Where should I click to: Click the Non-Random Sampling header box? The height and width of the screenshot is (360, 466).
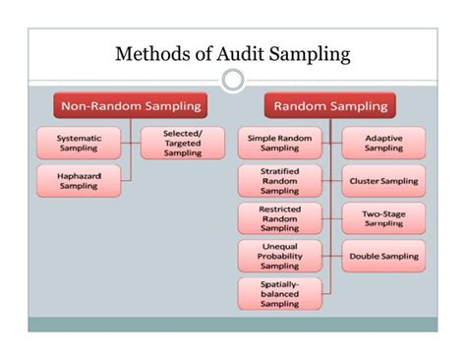[132, 105]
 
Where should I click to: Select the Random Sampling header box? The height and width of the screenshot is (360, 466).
[329, 105]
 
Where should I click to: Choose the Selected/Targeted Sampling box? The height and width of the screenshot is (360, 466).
[182, 143]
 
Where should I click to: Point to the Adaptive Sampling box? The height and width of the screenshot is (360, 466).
[383, 143]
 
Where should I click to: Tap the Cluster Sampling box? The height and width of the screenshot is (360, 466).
[383, 181]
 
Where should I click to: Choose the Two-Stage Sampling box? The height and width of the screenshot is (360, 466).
[383, 218]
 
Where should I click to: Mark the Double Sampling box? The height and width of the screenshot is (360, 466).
[383, 256]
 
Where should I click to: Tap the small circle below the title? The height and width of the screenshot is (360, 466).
[233, 80]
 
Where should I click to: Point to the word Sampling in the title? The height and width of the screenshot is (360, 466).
[314, 55]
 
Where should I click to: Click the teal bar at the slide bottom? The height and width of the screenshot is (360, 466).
[233, 324]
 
